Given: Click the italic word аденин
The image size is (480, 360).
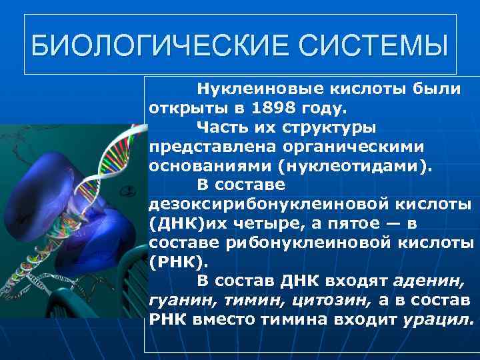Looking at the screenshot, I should pyautogui.click(x=429, y=281).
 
